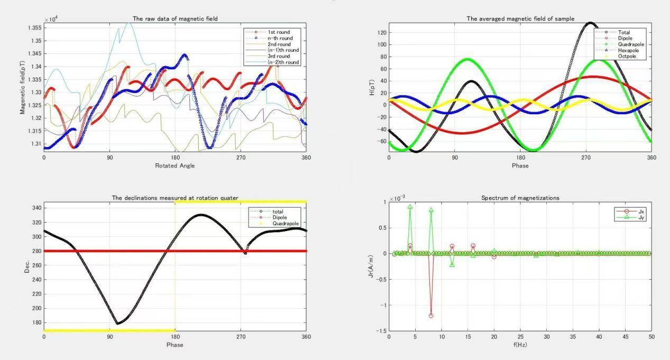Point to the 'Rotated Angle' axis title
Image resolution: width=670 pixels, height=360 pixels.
coord(175,165)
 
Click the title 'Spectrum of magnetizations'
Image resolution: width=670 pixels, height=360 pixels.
coord(519,197)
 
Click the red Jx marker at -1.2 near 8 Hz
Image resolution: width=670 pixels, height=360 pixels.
coord(431,316)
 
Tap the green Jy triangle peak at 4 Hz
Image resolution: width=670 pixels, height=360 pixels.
coord(410,207)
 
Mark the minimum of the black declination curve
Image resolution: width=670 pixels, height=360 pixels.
coord(118,324)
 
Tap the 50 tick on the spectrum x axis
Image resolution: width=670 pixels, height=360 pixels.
coord(651,337)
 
